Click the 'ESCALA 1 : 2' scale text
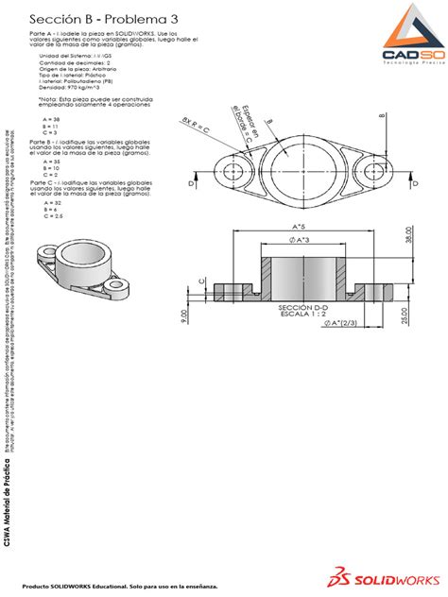coord(302,316)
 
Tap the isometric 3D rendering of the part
coord(78,268)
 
